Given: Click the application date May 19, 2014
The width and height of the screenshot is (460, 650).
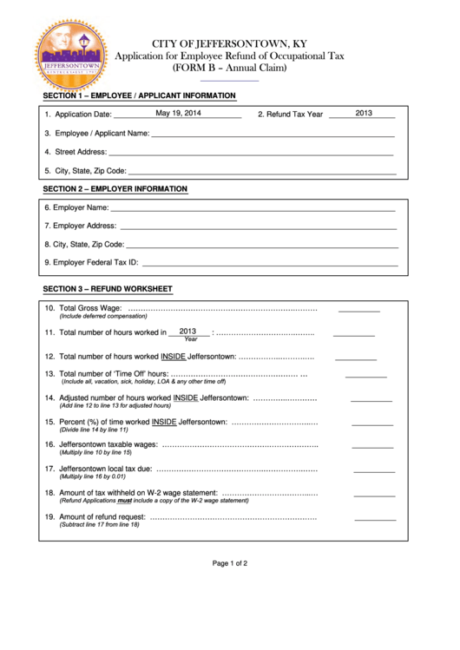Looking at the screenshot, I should point(178,113).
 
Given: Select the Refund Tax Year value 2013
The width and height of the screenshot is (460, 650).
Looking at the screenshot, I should point(364,113).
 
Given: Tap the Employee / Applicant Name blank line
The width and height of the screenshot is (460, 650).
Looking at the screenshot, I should point(273,135).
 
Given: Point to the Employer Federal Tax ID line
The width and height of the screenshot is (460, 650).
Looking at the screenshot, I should point(269,263).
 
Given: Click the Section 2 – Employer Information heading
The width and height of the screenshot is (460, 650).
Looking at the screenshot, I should point(115,188).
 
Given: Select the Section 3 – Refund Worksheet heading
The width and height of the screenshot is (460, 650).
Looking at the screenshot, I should point(108,289).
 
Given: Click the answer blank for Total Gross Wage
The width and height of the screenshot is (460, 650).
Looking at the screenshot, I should point(358,309).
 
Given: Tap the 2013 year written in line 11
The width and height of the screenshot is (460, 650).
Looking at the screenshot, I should point(188,331).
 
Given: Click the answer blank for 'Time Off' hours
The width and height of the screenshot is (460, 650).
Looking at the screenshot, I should point(365,376).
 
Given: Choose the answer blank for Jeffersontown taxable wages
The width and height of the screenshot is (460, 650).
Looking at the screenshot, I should point(373,447).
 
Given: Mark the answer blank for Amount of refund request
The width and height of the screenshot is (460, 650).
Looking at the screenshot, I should point(375,518).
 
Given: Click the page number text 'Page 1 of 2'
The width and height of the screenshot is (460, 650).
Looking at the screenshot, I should point(230,563).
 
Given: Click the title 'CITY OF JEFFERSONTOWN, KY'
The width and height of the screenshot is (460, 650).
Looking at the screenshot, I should point(229,43).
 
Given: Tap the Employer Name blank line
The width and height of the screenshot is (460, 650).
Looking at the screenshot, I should point(253,209).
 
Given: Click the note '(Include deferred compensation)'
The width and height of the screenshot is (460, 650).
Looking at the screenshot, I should point(102,317).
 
